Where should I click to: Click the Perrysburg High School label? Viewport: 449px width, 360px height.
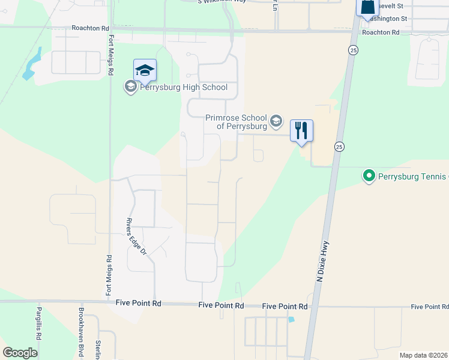click(184, 88)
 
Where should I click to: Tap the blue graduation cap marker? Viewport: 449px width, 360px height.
click(145, 71)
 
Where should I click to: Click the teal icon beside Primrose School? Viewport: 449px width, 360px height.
click(276, 122)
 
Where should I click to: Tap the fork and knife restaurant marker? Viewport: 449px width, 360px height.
click(301, 130)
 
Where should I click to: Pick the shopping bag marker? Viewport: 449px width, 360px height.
click(367, 7)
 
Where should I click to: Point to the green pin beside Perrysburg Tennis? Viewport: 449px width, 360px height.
click(369, 176)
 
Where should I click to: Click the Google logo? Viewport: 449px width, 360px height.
click(20, 353)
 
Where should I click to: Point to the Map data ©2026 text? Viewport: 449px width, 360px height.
click(424, 355)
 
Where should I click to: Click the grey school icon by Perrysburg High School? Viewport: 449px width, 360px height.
click(130, 88)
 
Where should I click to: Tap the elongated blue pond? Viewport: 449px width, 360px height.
click(30, 65)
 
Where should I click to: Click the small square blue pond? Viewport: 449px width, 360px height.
click(291, 319)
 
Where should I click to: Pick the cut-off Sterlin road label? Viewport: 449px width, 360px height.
click(98, 350)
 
